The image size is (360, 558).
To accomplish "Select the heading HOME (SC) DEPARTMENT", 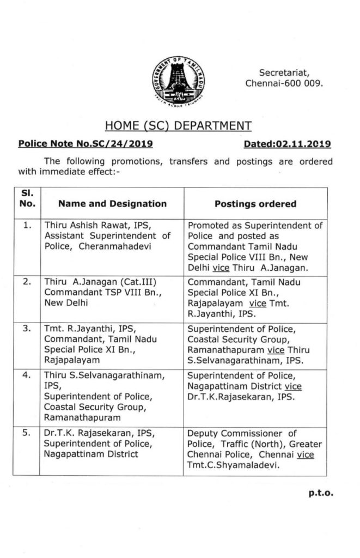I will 178,126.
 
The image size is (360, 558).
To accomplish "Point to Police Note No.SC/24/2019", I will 85,144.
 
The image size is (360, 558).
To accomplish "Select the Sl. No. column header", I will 30,198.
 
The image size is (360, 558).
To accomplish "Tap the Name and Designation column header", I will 112,204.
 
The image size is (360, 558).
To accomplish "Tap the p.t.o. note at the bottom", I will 320,494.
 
